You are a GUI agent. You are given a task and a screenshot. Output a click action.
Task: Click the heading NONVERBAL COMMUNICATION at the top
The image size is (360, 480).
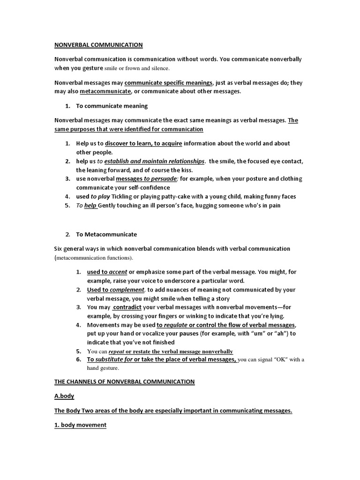pyautogui.click(x=98, y=45)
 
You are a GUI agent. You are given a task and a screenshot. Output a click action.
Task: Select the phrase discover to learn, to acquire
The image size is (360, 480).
pyautogui.click(x=143, y=143)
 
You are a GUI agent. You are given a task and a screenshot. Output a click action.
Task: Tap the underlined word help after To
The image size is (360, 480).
pyautogui.click(x=90, y=205)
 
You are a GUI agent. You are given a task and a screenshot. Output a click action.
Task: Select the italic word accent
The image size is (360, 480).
pyautogui.click(x=118, y=272)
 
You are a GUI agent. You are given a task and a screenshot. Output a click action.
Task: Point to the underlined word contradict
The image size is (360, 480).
pyautogui.click(x=127, y=307)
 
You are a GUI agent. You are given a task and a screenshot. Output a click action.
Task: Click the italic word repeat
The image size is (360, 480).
pyautogui.click(x=117, y=351)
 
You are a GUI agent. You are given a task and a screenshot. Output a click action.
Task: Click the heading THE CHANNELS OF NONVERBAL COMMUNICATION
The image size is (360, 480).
pyautogui.click(x=124, y=382)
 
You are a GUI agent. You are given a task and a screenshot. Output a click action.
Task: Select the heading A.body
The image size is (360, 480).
pyautogui.click(x=64, y=396)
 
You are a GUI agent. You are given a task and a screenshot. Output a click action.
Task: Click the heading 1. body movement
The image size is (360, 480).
pyautogui.click(x=80, y=425)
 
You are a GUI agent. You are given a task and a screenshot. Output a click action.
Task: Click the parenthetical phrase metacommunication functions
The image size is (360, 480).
pyautogui.click(x=94, y=258)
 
